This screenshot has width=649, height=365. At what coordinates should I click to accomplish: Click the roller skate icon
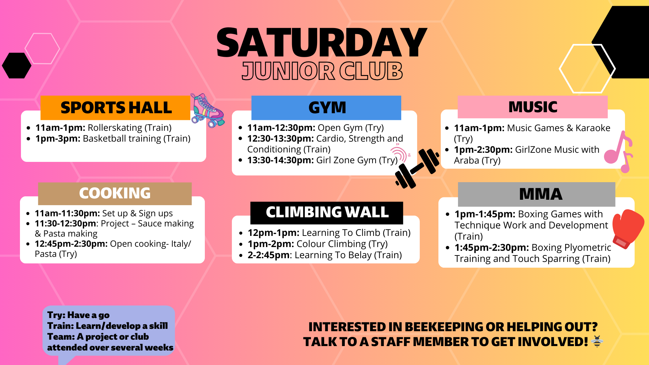207,110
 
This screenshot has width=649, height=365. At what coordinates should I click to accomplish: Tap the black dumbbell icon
417,168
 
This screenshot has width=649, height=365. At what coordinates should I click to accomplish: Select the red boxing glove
627,228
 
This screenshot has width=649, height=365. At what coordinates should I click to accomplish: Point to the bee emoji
597,342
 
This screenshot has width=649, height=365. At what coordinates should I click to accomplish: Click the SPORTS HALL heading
116,108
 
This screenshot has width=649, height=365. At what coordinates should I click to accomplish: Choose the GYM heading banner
327,108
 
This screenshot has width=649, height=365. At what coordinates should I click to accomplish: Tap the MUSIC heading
533,107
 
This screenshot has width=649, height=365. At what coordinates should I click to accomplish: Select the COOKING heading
115,193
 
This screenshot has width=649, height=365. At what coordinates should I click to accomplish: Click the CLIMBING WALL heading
327,213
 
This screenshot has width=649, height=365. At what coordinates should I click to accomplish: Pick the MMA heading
540,194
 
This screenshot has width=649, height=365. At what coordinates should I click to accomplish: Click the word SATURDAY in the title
321,43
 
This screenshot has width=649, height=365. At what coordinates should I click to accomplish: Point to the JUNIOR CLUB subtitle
322,71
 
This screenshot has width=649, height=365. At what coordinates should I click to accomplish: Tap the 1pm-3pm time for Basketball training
58,139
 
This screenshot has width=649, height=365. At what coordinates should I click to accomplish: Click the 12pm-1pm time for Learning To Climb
273,233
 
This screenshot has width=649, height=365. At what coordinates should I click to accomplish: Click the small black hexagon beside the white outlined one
17,66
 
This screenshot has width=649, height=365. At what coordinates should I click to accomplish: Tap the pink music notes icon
619,152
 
